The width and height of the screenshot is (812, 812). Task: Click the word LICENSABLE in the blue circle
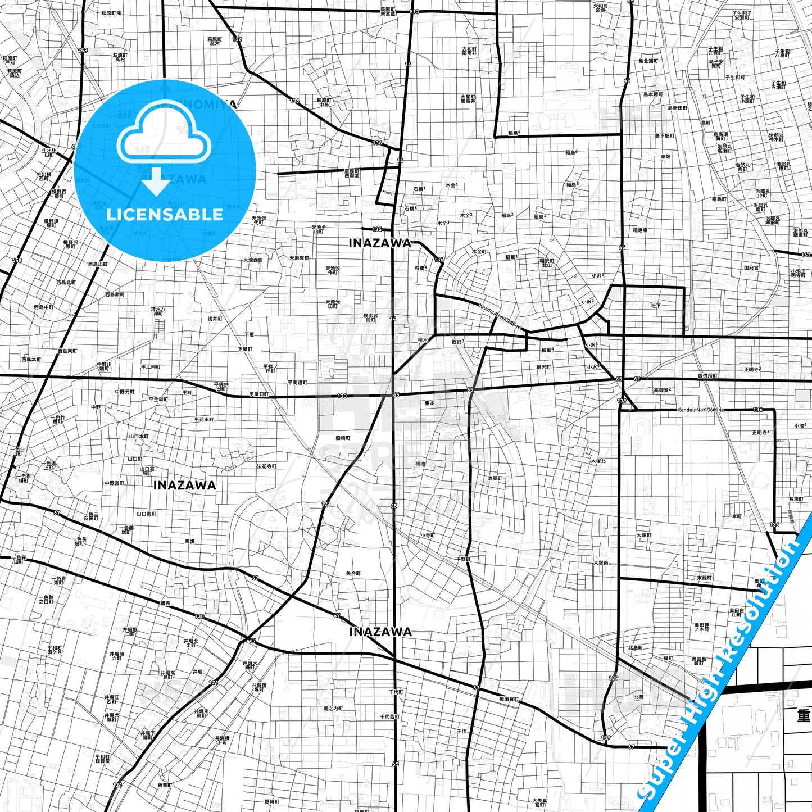[x=165, y=214]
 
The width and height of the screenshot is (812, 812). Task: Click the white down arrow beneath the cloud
[x=156, y=182]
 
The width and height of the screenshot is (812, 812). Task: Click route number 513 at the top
[x=415, y=12]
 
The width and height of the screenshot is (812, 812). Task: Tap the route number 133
[x=342, y=396]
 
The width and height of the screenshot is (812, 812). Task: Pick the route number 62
[x=637, y=379]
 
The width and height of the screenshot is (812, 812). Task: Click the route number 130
[x=199, y=616]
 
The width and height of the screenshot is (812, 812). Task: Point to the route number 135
[x=376, y=229]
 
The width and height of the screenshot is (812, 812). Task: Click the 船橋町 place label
[x=343, y=438]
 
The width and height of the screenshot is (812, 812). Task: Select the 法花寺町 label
[x=267, y=466]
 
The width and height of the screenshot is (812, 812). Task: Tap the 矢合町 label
[x=353, y=573]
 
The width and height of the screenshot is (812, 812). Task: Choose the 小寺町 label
[x=427, y=536]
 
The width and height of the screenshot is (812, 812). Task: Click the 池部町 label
[x=495, y=478]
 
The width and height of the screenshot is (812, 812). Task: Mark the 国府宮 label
[x=751, y=268]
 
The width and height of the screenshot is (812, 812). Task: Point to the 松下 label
[x=656, y=306]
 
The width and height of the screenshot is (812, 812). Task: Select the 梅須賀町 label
[x=509, y=699]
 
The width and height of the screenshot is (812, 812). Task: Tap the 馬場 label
[x=190, y=541]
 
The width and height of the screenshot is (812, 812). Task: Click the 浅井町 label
[x=215, y=319]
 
